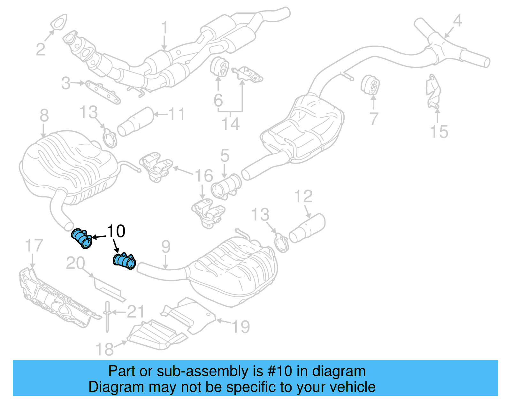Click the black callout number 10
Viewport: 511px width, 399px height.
[x=116, y=231]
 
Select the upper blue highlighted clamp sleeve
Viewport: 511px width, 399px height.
[x=82, y=238]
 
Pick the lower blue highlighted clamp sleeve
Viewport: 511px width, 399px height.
[x=125, y=261]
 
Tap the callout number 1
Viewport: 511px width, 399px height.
[x=164, y=28]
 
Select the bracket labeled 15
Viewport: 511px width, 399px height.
[x=433, y=91]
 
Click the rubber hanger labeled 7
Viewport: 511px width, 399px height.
[x=371, y=85]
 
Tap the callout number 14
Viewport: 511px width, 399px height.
[x=231, y=124]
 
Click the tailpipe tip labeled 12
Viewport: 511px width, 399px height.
[x=307, y=228]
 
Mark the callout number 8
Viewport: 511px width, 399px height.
[x=44, y=115]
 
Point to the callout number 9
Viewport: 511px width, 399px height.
[x=166, y=247]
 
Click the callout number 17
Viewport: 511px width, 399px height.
[x=34, y=246]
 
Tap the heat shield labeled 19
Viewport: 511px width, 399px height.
[x=188, y=315]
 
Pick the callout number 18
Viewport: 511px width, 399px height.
[x=104, y=349]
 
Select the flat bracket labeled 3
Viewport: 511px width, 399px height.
[x=103, y=92]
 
